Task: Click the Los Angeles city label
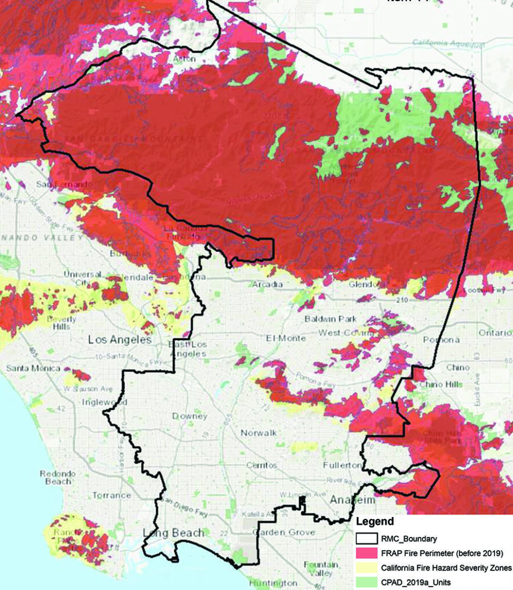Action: (120, 339)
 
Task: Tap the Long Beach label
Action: (173, 533)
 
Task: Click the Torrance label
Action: (112, 495)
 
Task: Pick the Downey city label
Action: (189, 416)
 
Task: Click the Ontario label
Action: (495, 332)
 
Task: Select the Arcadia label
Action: (267, 284)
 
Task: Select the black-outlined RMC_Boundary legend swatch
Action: (366, 539)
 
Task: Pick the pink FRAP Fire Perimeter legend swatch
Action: (366, 554)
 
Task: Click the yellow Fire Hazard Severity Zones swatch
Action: (366, 568)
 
